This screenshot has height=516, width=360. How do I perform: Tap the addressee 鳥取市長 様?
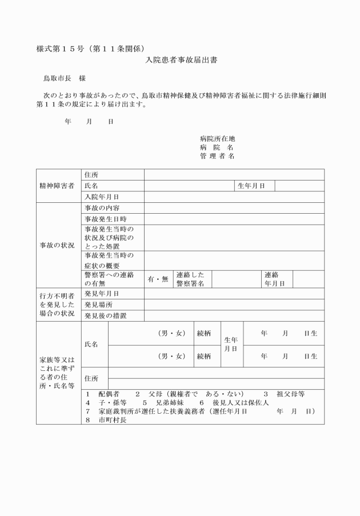65,77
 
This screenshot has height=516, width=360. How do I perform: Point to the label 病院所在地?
217,139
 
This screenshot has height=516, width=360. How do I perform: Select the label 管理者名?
217,156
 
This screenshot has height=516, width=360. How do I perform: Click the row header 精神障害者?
57,186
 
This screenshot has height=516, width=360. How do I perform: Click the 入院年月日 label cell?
101,197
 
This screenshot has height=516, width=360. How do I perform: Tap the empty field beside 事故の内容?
234,207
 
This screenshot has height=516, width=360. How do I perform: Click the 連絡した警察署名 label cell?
191,279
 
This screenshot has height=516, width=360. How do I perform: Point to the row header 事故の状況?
57,245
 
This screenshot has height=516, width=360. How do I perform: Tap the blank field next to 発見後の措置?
234,315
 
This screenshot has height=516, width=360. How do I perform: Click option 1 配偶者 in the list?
103,394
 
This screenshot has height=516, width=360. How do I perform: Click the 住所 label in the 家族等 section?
91,378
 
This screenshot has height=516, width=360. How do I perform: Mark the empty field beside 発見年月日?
234,293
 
